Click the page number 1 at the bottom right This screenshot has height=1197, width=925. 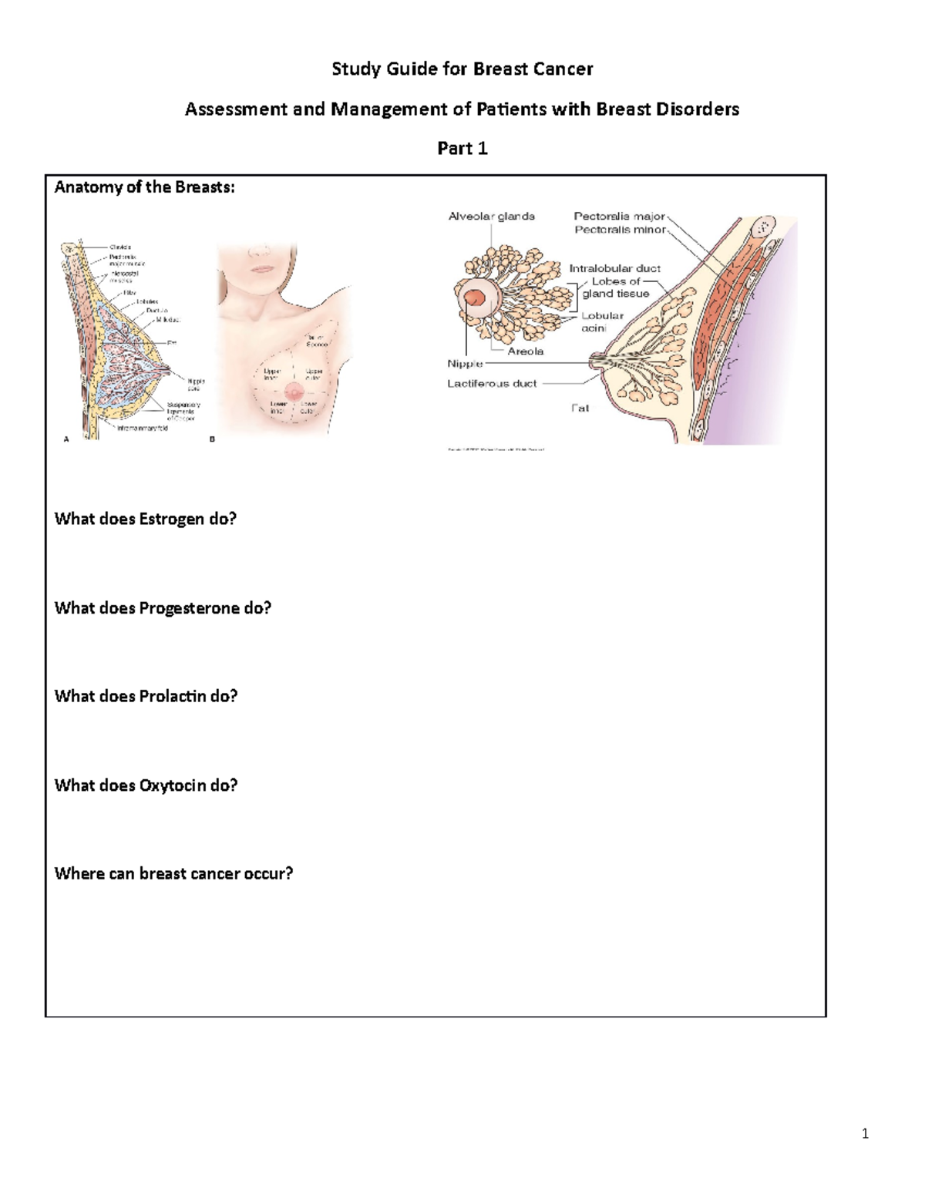[865, 1133]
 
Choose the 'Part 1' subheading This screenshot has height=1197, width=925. [462, 148]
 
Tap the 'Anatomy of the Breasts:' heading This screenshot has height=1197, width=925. [144, 187]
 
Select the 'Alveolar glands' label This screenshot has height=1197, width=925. [492, 217]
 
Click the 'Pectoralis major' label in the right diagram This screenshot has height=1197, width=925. [619, 217]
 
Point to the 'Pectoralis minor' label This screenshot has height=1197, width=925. [620, 230]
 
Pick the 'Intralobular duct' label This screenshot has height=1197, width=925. [614, 268]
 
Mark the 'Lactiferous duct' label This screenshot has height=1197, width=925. [492, 383]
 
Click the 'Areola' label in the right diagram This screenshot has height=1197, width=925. [525, 351]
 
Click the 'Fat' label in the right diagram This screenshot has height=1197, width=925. [580, 408]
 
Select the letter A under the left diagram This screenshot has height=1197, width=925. [66, 439]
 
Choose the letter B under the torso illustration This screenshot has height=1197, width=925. [213, 439]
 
